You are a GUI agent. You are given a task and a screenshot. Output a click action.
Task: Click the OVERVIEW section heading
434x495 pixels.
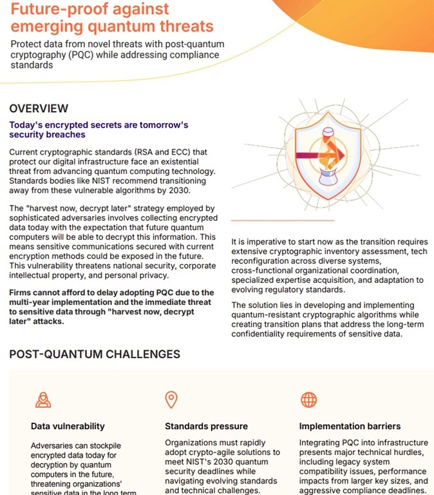point(39,108)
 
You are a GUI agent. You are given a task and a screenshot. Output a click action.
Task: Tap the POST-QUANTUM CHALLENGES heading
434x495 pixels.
point(95,354)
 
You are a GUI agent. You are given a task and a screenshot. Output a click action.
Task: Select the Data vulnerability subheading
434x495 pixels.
point(68,426)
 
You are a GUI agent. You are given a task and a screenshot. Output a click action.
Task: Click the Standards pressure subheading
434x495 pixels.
point(206,426)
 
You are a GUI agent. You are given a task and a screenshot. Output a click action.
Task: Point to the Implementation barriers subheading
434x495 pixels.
point(350,426)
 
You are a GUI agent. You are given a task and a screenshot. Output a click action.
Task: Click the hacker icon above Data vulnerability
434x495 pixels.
point(42,400)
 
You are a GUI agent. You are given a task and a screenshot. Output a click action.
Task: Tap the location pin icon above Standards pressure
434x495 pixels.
point(171,400)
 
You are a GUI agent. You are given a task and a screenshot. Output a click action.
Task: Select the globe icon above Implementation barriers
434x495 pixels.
point(309,400)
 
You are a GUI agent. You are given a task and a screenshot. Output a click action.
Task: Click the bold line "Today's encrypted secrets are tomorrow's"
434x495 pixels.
point(98,125)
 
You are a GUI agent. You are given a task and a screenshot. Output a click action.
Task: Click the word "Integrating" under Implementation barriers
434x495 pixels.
point(321,443)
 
